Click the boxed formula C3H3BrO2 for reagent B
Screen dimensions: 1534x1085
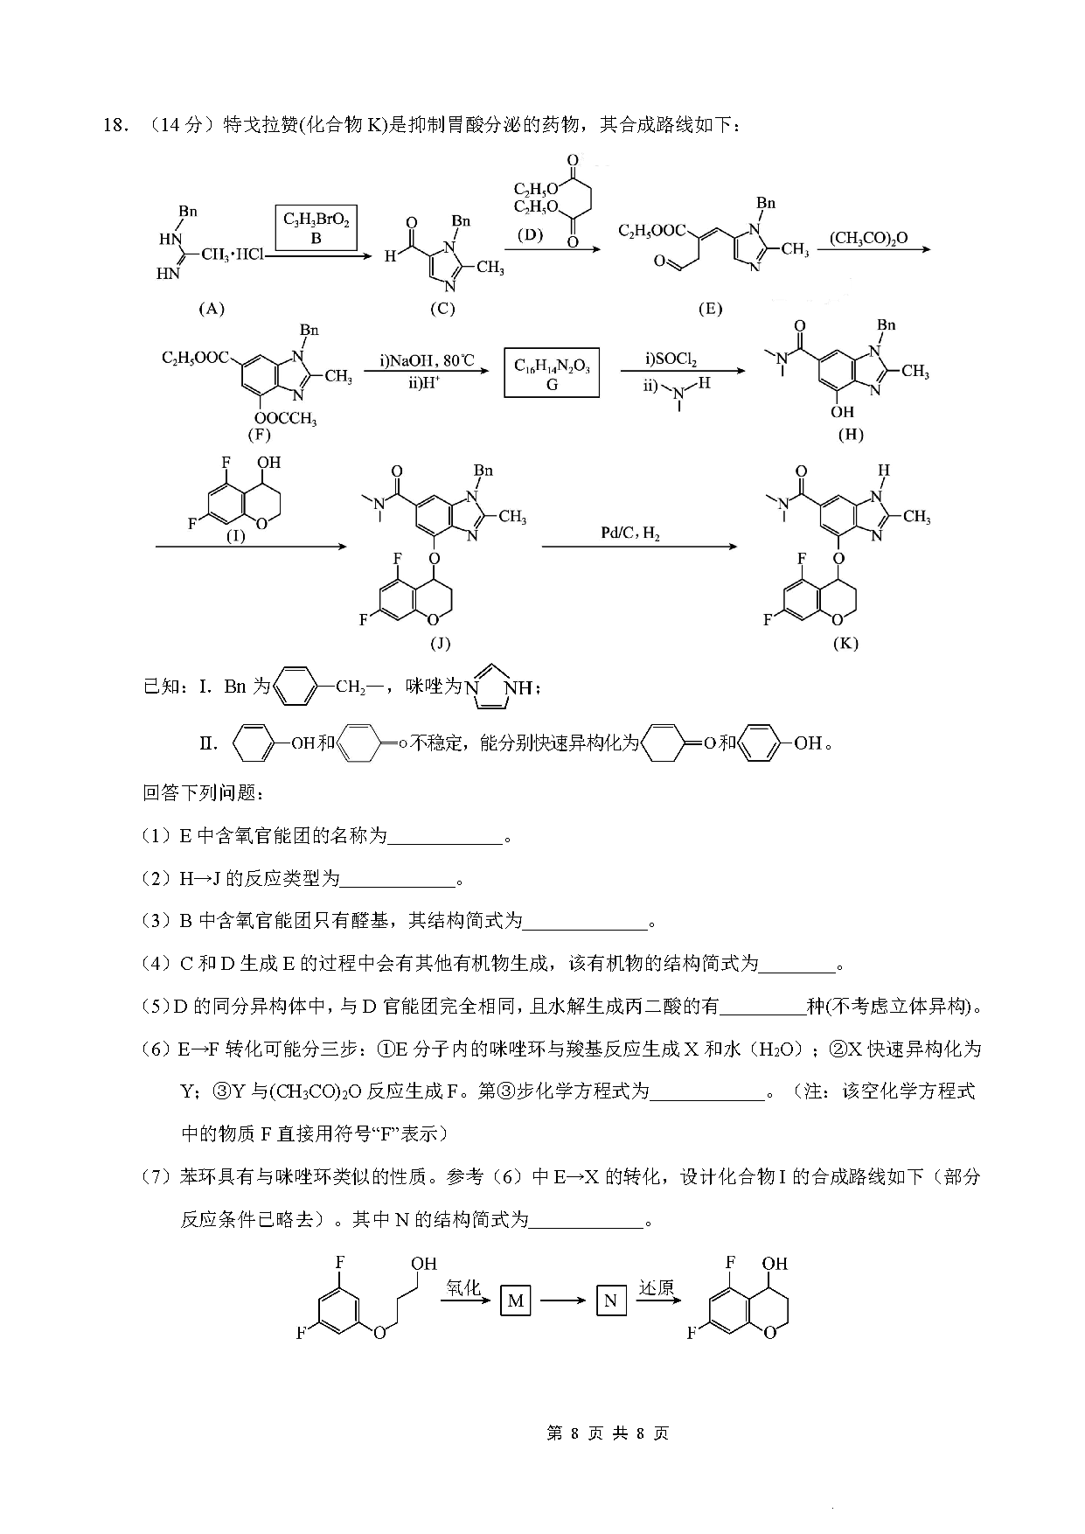pos(316,229)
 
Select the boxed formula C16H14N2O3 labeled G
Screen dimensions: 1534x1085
pos(552,373)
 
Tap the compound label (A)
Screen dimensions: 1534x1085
pos(212,308)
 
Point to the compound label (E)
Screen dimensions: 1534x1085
pos(710,309)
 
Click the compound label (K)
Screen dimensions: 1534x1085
pos(845,643)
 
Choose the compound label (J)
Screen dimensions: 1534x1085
pos(440,644)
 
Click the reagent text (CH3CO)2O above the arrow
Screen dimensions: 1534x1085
pos(868,238)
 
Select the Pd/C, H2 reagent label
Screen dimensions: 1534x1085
pos(629,533)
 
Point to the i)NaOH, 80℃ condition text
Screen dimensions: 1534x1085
pos(426,360)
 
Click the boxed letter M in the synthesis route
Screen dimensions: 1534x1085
pos(516,1300)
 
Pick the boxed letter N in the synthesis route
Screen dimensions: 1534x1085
pos(610,1300)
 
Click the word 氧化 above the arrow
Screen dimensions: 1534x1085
pos(463,1287)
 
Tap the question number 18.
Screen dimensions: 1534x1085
pos(115,125)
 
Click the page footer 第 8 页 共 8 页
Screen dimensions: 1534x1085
pos(607,1433)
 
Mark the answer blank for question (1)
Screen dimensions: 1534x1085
pos(445,839)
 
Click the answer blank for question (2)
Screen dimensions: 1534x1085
pos(398,881)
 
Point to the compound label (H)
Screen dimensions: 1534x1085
pos(850,435)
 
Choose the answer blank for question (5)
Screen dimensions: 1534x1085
pos(762,1008)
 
